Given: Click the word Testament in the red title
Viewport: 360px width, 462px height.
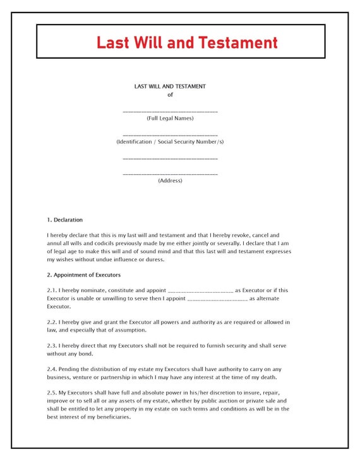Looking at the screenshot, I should coord(238,42).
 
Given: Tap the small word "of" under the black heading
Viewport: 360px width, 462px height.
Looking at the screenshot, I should coord(170,95).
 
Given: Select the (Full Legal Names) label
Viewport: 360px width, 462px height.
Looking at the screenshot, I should coord(170,118).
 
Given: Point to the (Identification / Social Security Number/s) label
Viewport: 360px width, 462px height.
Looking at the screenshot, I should coord(170,141).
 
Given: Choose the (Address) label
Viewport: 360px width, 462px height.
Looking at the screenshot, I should coord(170,181).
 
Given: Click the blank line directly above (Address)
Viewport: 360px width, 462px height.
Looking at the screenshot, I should coord(170,174).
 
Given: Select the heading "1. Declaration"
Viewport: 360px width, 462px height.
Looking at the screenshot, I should coord(64,220).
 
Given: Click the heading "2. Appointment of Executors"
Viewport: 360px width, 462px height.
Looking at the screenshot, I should coord(83,275).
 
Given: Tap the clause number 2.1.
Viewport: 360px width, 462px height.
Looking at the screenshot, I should coord(52,290).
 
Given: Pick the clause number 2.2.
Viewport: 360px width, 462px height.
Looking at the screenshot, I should coord(52,322).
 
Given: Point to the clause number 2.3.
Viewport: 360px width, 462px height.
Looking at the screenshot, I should coord(52,345).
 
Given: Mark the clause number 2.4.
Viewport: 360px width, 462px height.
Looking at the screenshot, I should coord(52,369).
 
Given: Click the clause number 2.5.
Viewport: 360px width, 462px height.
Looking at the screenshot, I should coord(52,393).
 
